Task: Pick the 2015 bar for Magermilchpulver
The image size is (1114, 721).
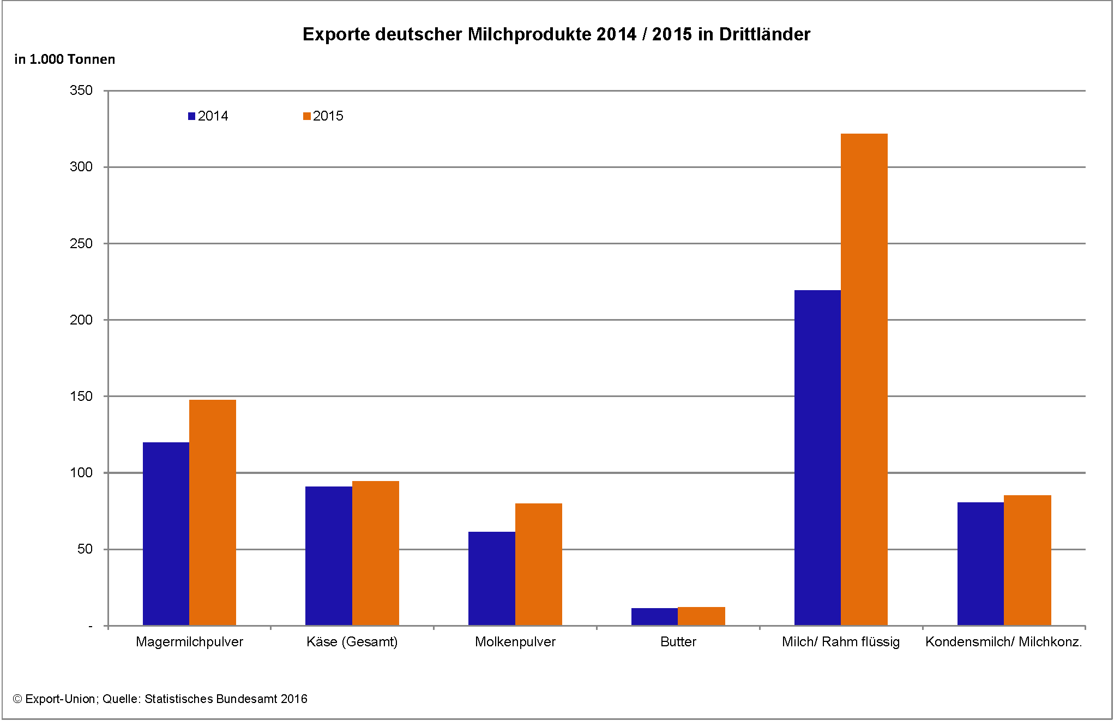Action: click(x=213, y=512)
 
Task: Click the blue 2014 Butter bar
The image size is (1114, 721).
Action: click(x=654, y=616)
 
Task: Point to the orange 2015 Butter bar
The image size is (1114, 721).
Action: click(x=701, y=616)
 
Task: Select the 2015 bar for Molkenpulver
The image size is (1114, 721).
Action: click(x=538, y=564)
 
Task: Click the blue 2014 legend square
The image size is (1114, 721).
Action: click(x=191, y=116)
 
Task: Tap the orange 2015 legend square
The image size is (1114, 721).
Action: click(x=307, y=116)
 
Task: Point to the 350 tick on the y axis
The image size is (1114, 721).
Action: click(x=81, y=91)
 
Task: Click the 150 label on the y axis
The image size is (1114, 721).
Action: click(x=81, y=396)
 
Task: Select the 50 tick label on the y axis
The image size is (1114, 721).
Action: click(x=85, y=549)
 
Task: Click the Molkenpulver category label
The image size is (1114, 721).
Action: click(x=515, y=642)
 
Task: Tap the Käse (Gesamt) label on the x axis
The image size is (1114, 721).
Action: click(x=352, y=642)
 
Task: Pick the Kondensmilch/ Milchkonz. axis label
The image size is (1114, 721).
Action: click(x=1003, y=642)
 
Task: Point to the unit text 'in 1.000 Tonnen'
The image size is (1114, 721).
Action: click(x=64, y=59)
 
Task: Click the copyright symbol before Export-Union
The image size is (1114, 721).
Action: click(x=17, y=699)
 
